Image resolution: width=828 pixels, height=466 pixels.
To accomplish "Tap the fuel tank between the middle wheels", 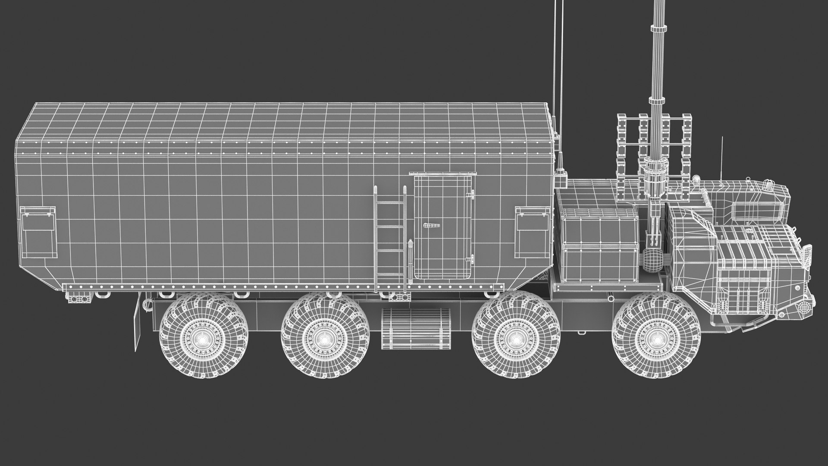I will (416, 329).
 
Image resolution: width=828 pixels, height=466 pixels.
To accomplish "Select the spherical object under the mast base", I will (652, 260).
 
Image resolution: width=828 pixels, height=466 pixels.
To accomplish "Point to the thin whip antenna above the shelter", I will (553, 65).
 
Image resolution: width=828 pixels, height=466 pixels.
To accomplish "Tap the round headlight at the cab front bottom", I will (803, 307).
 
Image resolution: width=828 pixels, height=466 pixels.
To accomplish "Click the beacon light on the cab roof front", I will (768, 186).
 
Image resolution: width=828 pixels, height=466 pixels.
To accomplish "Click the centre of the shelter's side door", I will (443, 227).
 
